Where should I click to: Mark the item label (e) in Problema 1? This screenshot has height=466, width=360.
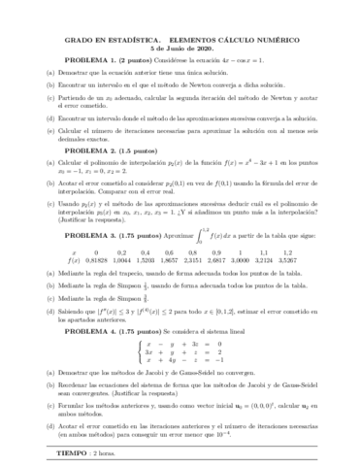48,127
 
